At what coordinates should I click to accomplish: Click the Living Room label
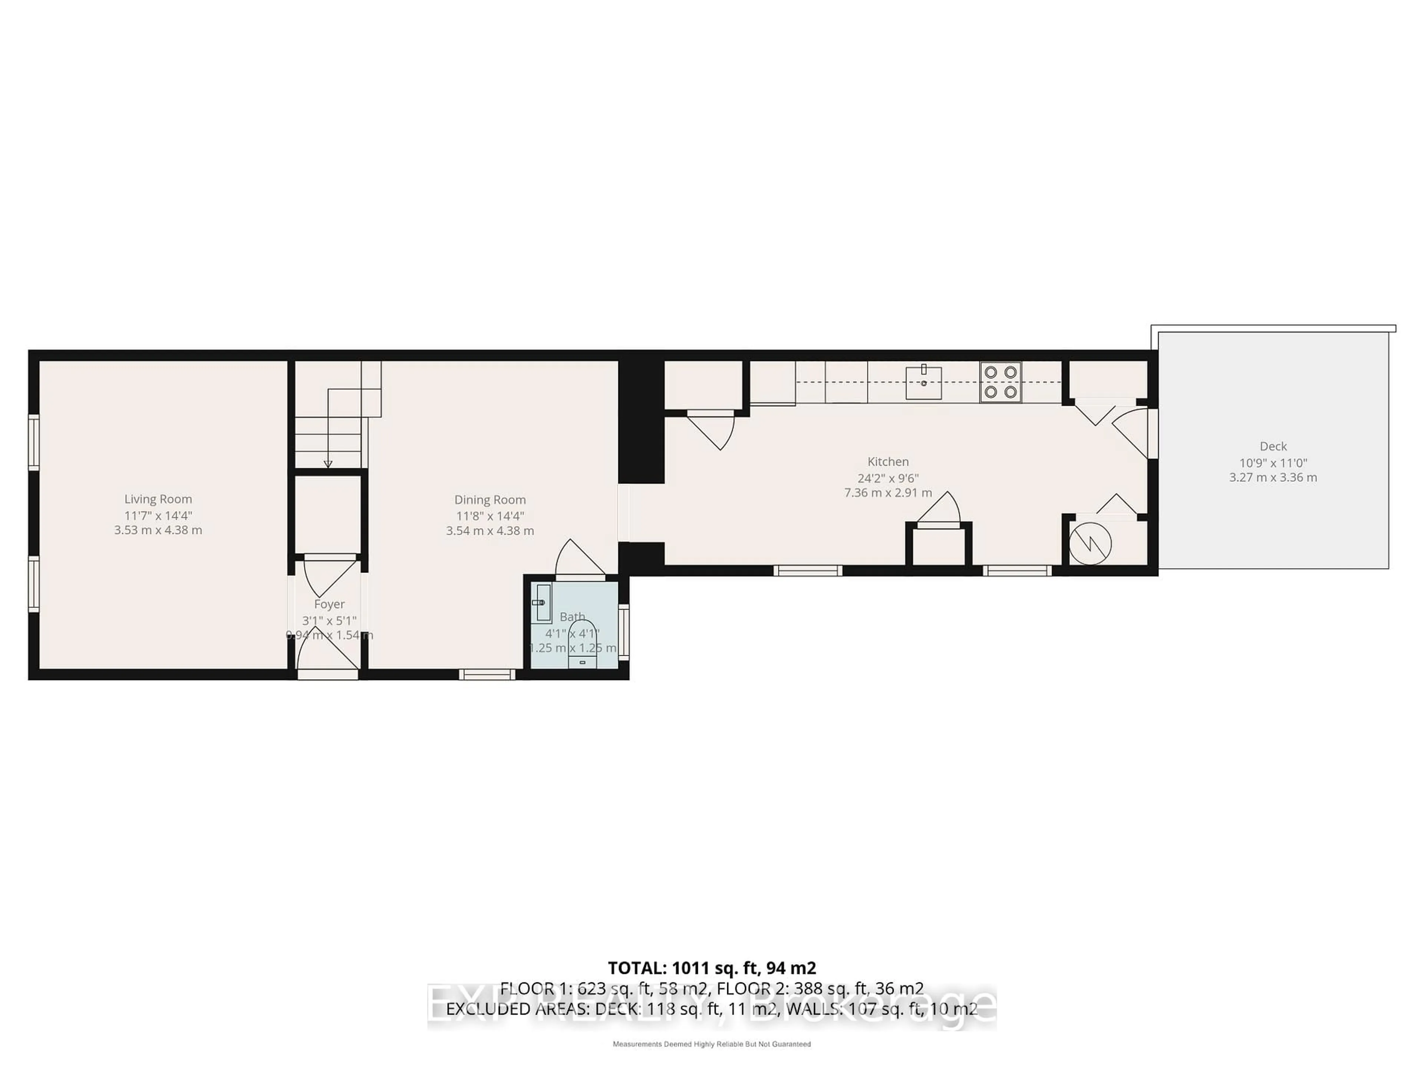[158, 499]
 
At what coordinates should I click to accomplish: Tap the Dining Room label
[490, 500]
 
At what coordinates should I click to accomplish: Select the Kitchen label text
[888, 462]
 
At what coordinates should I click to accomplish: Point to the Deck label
[1273, 446]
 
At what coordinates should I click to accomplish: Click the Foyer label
[329, 604]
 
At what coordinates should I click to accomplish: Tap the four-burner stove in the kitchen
[1001, 382]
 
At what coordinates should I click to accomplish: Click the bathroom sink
[543, 603]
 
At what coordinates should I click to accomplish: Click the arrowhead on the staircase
[328, 464]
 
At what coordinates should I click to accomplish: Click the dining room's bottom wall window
[487, 674]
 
